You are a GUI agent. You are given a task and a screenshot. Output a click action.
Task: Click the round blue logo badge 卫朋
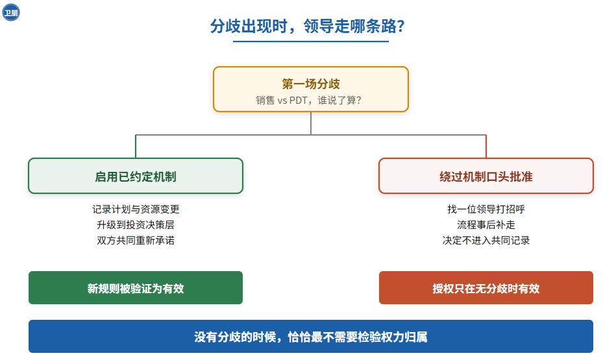[11, 12]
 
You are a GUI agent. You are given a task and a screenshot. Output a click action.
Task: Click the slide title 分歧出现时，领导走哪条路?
[307, 26]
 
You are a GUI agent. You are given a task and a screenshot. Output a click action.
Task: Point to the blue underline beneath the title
[311, 41]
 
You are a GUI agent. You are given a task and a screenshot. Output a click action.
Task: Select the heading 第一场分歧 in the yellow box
[311, 84]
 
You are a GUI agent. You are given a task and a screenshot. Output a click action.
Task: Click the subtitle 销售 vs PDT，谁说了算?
[309, 101]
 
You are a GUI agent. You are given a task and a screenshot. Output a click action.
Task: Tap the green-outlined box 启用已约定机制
[136, 176]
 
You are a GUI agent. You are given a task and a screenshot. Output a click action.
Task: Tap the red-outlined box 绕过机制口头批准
[486, 176]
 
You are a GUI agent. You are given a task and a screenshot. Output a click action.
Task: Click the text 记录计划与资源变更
[136, 209]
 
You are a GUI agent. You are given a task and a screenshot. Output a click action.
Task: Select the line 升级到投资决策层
[136, 225]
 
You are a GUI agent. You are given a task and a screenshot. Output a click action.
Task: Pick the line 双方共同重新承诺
[136, 241]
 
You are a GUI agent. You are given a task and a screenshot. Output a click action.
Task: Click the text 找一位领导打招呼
[486, 209]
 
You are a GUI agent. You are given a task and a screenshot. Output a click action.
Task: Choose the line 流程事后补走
[486, 225]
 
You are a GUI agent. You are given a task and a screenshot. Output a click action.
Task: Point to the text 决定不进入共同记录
[486, 241]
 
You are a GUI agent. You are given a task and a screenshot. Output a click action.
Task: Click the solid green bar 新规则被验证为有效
[136, 288]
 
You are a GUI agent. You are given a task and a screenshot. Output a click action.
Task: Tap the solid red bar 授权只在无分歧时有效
[486, 288]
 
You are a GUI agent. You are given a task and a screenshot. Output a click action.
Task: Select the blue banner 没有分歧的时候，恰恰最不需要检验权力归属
[311, 337]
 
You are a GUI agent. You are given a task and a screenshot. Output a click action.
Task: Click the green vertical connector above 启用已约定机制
[136, 147]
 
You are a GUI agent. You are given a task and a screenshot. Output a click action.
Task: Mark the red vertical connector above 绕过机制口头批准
[486, 147]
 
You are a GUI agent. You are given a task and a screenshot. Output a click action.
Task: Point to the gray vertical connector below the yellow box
[311, 123]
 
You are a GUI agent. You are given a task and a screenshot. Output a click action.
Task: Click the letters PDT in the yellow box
[298, 101]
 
